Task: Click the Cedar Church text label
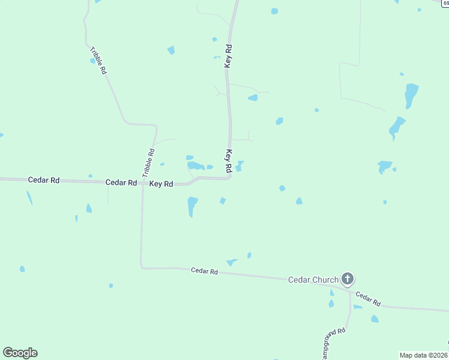[x=313, y=280]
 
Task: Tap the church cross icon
[x=348, y=278]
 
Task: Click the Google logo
[x=20, y=352]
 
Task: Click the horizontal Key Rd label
[x=161, y=184]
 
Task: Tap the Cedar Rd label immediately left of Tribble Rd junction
[x=121, y=182]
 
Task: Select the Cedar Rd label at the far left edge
[x=44, y=180]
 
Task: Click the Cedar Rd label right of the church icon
[x=368, y=299]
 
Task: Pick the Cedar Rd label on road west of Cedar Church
[x=204, y=271]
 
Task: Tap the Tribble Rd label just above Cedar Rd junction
[x=148, y=162]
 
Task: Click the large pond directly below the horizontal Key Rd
[x=192, y=205]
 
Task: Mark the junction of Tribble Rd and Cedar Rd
[x=142, y=182]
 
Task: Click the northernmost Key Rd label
[x=228, y=55]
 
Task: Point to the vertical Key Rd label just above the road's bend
[x=228, y=161]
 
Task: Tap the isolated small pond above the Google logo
[x=22, y=269]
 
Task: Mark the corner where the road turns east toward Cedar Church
[x=142, y=267]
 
